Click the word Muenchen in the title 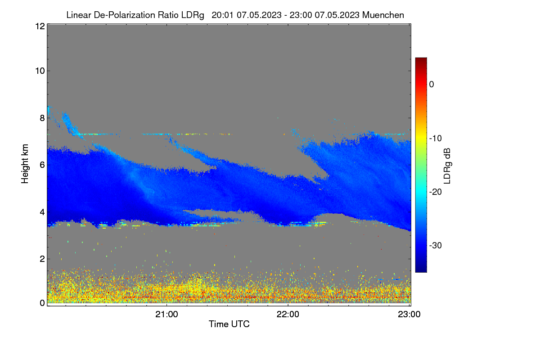[383, 15]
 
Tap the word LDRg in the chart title [193, 15]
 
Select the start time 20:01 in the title [222, 15]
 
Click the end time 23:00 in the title [301, 15]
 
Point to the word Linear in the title [79, 15]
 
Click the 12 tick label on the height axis [40, 26]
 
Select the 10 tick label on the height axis [40, 71]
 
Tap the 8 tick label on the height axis [43, 118]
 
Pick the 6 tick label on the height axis [43, 165]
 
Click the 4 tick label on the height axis [43, 212]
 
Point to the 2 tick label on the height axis [43, 259]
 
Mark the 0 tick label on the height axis [43, 303]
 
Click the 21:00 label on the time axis [166, 315]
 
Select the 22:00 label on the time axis [288, 315]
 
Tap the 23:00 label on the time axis [409, 315]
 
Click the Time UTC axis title [229, 324]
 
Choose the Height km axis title [25, 164]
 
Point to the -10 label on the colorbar [436, 139]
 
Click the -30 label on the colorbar [436, 245]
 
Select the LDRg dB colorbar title [447, 166]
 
